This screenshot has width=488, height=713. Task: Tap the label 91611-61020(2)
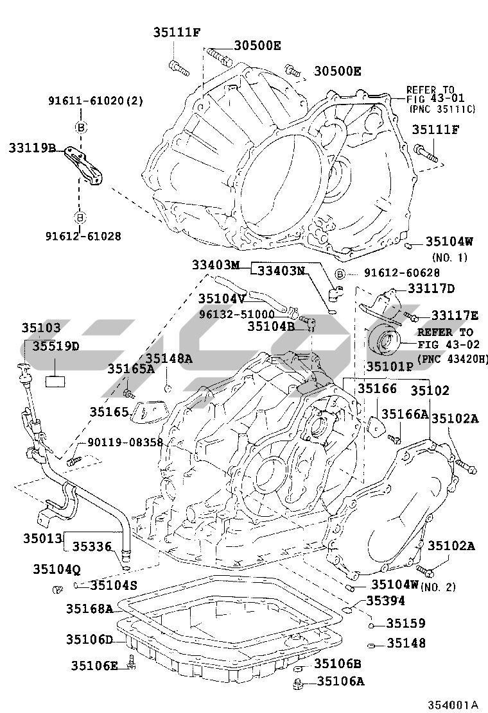[x=96, y=101]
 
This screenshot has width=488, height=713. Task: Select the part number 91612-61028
[x=83, y=236]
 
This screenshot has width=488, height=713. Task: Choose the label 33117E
[x=455, y=315]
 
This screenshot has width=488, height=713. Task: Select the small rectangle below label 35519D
[x=55, y=380]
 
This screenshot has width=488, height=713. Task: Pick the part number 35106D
[x=89, y=639]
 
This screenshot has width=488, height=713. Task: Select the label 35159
[x=405, y=623]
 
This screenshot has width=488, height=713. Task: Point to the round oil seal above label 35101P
[x=385, y=342]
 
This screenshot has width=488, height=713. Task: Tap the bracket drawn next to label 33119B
[x=87, y=165]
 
